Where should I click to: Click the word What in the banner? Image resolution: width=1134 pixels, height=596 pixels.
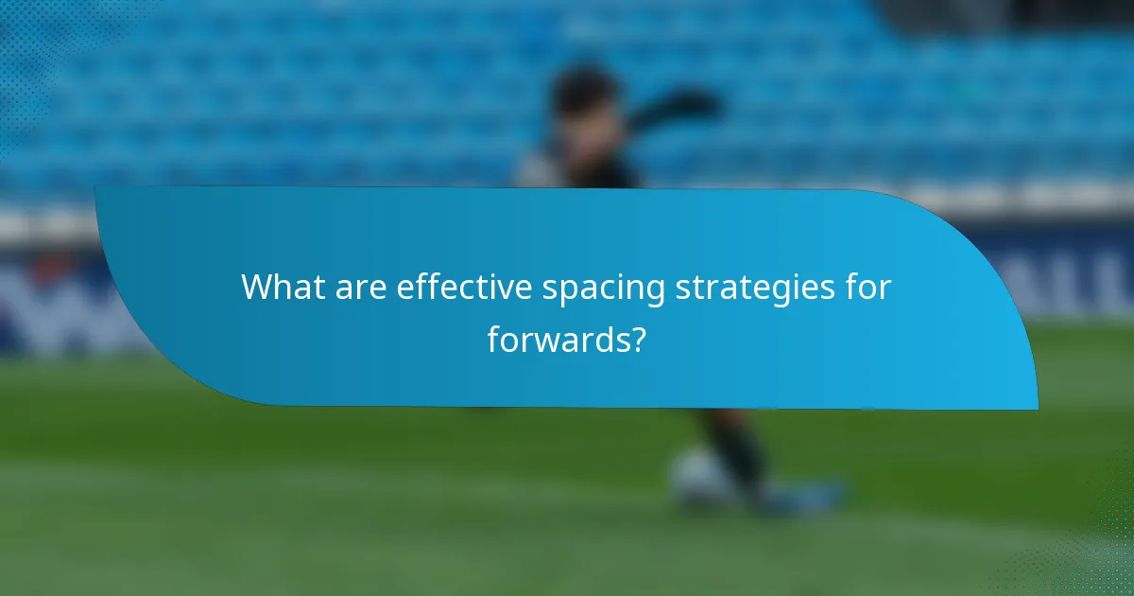click(276, 288)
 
